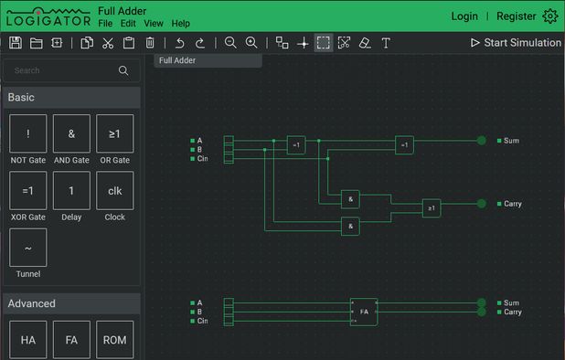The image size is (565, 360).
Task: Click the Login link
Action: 464,16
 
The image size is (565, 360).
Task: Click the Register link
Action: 516,16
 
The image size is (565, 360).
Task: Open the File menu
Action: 105,23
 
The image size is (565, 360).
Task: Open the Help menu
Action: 180,23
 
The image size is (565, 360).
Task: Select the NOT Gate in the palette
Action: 27,133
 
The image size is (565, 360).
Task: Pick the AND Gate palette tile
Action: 71,133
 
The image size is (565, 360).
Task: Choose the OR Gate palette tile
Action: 114,133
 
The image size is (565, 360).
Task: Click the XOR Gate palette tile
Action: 27,190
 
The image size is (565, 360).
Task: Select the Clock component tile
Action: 114,190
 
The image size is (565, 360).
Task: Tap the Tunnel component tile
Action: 27,248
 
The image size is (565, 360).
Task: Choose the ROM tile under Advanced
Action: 114,339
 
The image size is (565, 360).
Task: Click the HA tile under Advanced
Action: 27,339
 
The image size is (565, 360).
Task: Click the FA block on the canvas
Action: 363,312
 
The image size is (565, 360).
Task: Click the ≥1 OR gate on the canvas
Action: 431,208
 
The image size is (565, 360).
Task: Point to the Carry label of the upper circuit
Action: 512,204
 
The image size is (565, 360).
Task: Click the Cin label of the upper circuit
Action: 202,158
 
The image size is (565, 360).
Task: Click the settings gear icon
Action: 549,16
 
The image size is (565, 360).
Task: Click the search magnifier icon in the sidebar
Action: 123,70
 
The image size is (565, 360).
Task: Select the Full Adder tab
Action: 177,60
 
